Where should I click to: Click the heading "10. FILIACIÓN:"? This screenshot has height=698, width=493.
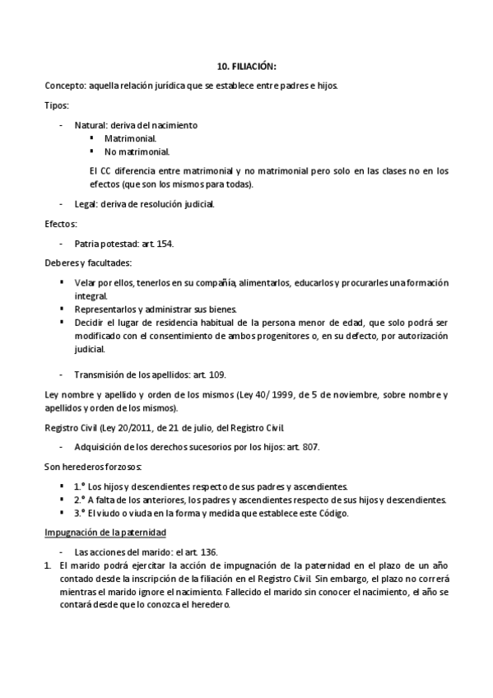(x=246, y=65)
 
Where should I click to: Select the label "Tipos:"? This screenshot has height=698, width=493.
(x=57, y=106)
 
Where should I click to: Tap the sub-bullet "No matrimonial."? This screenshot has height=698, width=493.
(x=137, y=151)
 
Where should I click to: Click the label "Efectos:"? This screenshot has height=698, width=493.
(x=61, y=224)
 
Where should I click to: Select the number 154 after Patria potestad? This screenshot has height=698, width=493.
(x=164, y=244)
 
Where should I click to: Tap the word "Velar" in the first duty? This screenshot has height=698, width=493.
(x=86, y=283)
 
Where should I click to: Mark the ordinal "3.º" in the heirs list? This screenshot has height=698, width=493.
(x=80, y=514)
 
